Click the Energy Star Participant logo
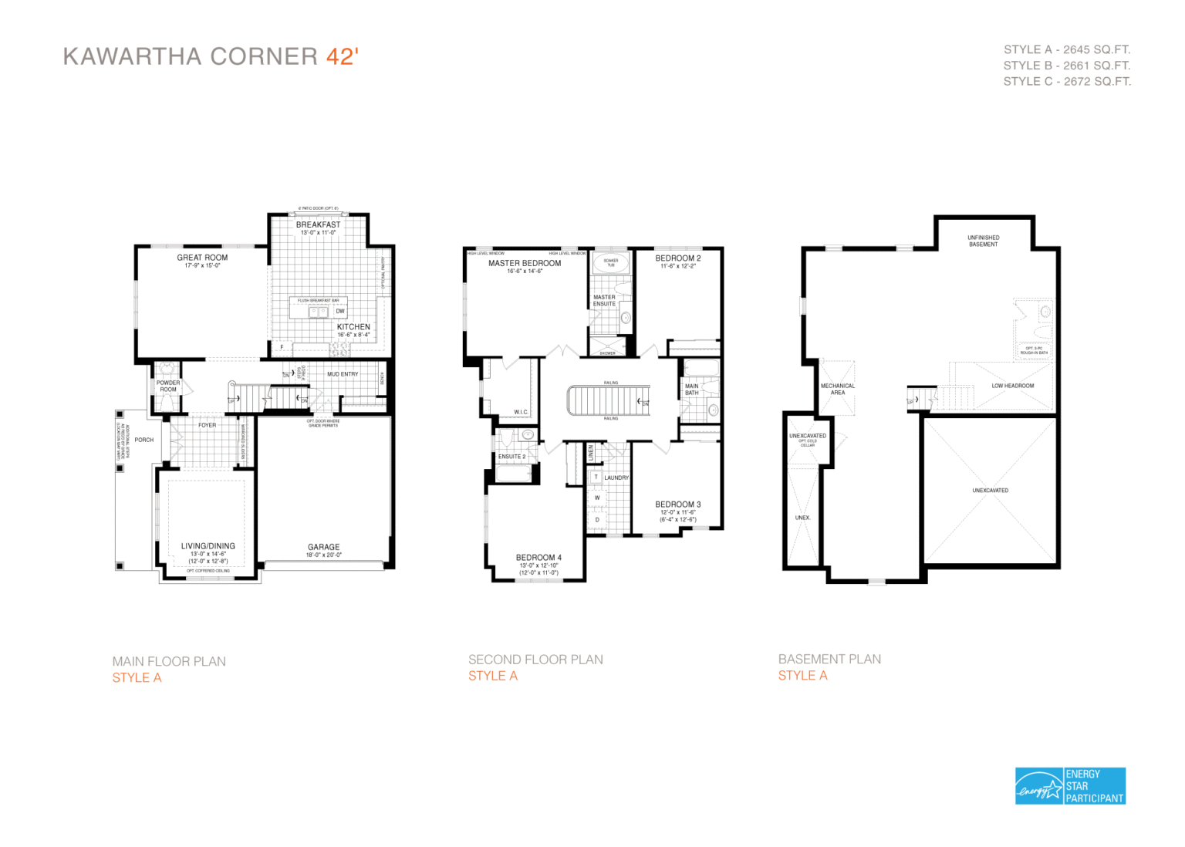click(x=1070, y=786)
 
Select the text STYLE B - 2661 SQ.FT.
click(x=1066, y=66)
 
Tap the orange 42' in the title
click(x=342, y=56)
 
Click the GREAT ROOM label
click(x=202, y=258)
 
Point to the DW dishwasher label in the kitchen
click(x=340, y=312)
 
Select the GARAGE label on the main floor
click(x=324, y=547)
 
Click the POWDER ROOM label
click(x=168, y=386)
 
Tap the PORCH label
click(x=144, y=440)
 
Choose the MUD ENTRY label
click(x=343, y=374)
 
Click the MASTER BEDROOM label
click(x=525, y=263)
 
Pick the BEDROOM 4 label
click(x=538, y=557)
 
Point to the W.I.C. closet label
click(x=522, y=412)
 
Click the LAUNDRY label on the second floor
click(x=616, y=477)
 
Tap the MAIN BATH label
click(x=692, y=390)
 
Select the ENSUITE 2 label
click(x=511, y=457)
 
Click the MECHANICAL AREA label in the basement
click(x=838, y=389)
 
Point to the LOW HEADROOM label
click(x=1013, y=386)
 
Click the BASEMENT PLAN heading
click(x=829, y=659)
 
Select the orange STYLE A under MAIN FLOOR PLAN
click(x=137, y=677)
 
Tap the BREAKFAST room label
click(x=318, y=224)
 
